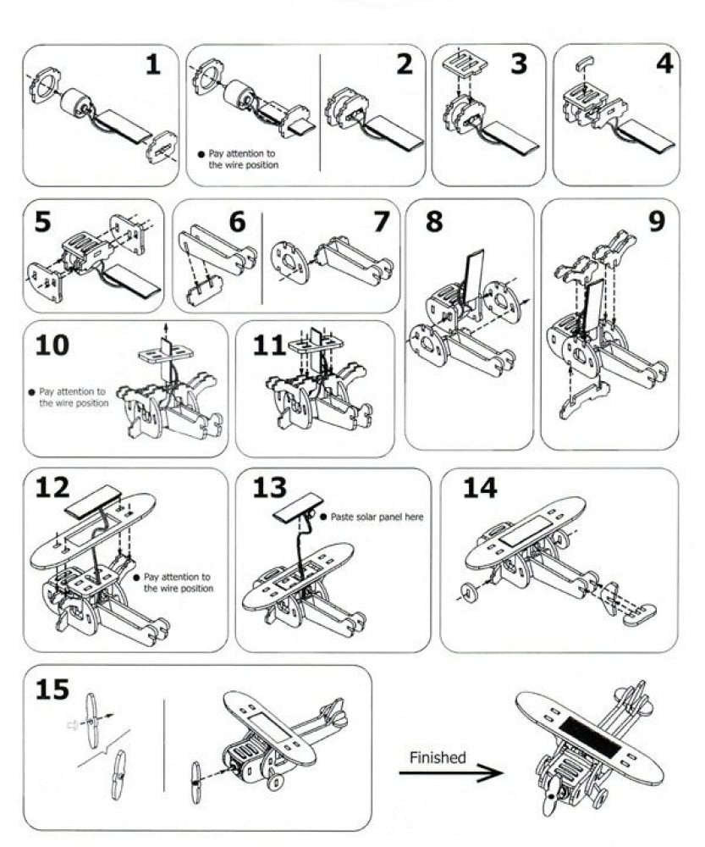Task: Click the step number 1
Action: (153, 65)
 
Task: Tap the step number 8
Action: (434, 221)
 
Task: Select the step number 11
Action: (269, 346)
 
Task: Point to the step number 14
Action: (480, 488)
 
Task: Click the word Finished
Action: (438, 757)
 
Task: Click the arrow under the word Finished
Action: (451, 773)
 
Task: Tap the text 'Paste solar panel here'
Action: (377, 517)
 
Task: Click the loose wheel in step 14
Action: (469, 593)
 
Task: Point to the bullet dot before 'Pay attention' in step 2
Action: (201, 154)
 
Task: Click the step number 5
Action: (43, 221)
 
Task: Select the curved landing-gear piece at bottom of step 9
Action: (584, 400)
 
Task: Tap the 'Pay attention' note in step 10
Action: (69, 397)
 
